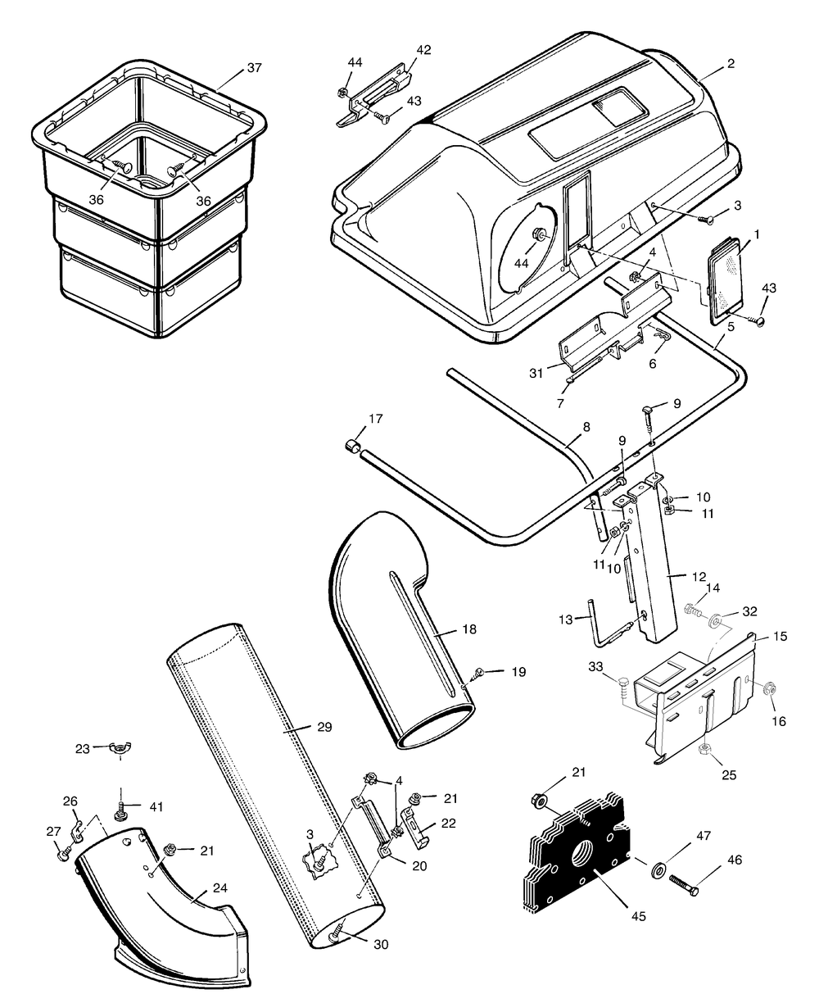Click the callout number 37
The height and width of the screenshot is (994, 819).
point(254,68)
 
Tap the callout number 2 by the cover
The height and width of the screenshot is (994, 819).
point(731,64)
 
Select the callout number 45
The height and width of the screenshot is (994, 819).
point(638,916)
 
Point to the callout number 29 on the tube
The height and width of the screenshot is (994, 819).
point(324,727)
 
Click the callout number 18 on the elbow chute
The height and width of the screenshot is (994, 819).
point(468,629)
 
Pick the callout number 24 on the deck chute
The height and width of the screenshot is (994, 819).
point(219,887)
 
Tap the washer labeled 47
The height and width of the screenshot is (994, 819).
point(659,869)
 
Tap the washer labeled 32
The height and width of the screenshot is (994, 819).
point(717,620)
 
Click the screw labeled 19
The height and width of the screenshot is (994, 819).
point(477,673)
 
